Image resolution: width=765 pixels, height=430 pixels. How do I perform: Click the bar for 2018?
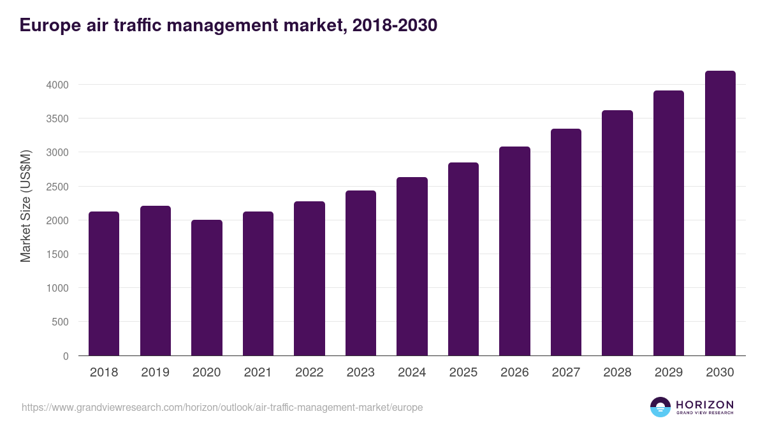point(104,283)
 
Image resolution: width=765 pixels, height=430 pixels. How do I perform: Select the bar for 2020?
point(207,288)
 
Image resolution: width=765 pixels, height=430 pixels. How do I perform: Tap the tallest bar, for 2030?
point(720,213)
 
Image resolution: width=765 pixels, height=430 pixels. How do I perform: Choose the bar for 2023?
point(360,273)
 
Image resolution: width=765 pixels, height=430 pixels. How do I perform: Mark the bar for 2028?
point(617,233)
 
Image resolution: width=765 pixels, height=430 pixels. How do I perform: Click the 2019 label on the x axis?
point(155,373)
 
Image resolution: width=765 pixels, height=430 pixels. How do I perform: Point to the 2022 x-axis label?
point(309,373)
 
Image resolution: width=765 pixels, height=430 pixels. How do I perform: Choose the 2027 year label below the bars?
point(565,373)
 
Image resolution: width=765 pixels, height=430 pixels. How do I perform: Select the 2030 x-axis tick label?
point(720,373)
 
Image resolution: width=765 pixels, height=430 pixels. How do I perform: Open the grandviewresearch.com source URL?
point(222,407)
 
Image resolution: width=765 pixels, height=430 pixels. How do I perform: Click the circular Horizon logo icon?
point(660,407)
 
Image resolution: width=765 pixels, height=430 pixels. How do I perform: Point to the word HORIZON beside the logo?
point(704,405)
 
